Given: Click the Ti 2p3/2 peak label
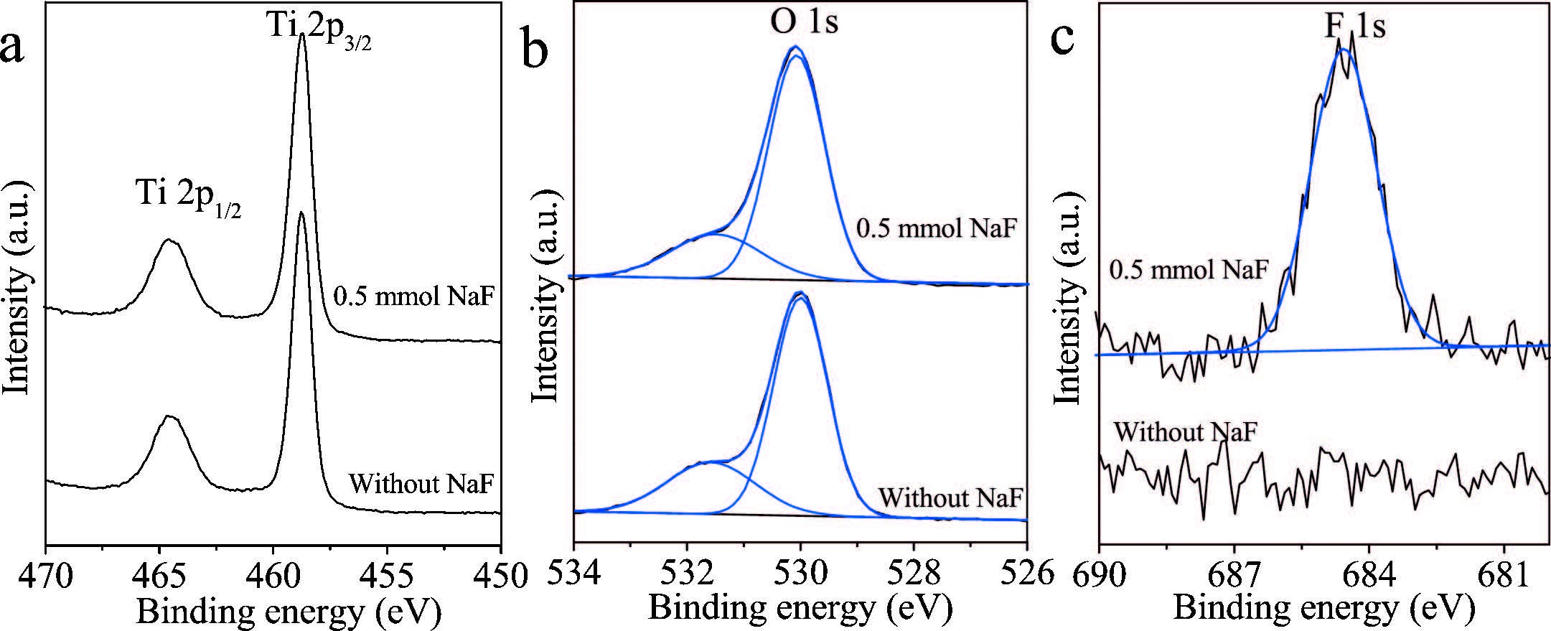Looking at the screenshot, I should coord(319,32).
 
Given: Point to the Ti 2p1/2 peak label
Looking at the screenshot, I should coord(189,195).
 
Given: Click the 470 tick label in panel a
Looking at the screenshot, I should coord(46,575).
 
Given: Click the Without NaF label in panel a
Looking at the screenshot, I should coord(421,483).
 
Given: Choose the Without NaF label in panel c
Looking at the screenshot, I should coord(1185,432).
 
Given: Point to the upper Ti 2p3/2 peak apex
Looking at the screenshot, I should coord(302,34).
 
